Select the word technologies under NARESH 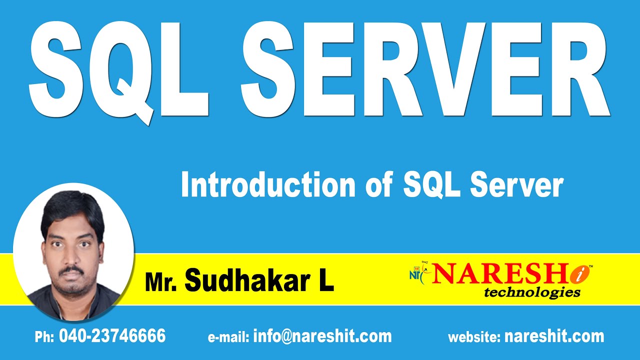pos(532,292)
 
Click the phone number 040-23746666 pos(112,336)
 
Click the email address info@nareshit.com pos(322,336)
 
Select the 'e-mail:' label pos(228,337)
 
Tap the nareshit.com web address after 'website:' pos(554,336)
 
